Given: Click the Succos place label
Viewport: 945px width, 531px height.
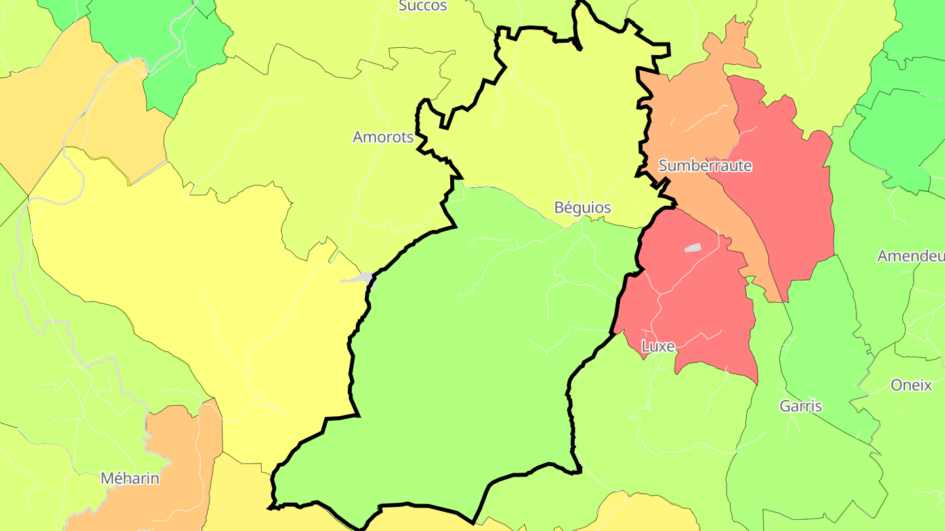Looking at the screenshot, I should [423, 6].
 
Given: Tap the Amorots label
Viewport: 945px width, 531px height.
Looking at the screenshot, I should [383, 137].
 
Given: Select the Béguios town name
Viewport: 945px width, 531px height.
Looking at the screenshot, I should [582, 208].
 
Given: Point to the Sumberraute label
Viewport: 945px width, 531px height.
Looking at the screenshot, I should [705, 166].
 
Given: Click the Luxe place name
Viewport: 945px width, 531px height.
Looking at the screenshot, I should [658, 346].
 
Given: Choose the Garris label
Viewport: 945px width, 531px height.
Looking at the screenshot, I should [801, 406].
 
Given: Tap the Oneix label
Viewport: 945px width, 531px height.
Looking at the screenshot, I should [911, 385].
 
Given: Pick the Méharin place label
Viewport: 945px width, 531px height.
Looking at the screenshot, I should [130, 479].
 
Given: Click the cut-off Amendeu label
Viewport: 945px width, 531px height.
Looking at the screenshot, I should [911, 256].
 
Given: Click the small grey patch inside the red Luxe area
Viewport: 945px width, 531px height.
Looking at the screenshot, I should [692, 248].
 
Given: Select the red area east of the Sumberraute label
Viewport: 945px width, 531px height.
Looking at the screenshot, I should [787, 197].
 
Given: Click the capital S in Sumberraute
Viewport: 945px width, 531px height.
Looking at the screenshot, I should [663, 166].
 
